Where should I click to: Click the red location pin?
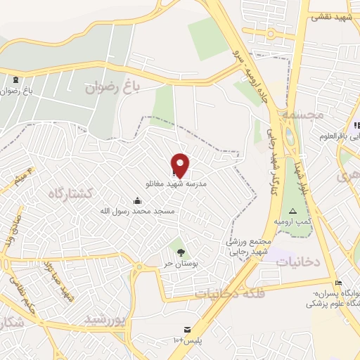pyautogui.click(x=181, y=165)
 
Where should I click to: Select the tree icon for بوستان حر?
pyautogui.click(x=181, y=252)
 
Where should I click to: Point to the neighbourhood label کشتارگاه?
pyautogui.click(x=70, y=192)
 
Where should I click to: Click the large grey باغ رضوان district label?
pyautogui.click(x=113, y=87)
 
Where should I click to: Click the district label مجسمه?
pyautogui.click(x=300, y=112)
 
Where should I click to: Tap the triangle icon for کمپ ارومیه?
pyautogui.click(x=292, y=212)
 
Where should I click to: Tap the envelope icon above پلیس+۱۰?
pyautogui.click(x=187, y=330)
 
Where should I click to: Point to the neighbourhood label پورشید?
pyautogui.click(x=105, y=320)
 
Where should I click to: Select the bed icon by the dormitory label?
pyautogui.click(x=339, y=283)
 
